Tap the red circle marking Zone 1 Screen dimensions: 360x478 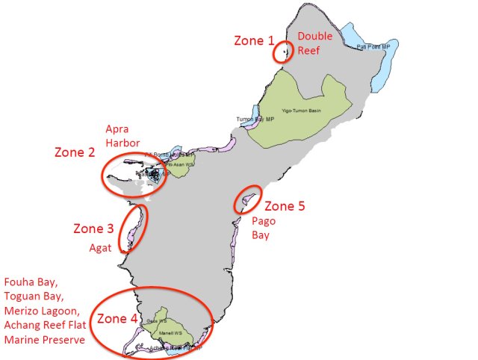point(282,52)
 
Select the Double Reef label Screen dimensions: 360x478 point(312,43)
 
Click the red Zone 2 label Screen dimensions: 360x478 point(74,152)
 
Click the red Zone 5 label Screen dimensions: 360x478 point(285,205)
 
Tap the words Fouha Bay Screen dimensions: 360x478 point(30,282)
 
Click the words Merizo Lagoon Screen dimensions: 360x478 point(40,311)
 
